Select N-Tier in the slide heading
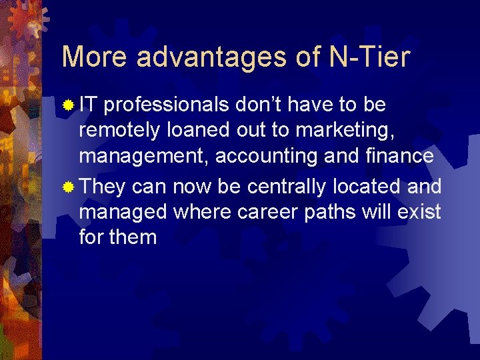(x=370, y=57)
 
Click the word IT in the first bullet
(x=88, y=105)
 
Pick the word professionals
(x=168, y=105)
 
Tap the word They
(x=103, y=186)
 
